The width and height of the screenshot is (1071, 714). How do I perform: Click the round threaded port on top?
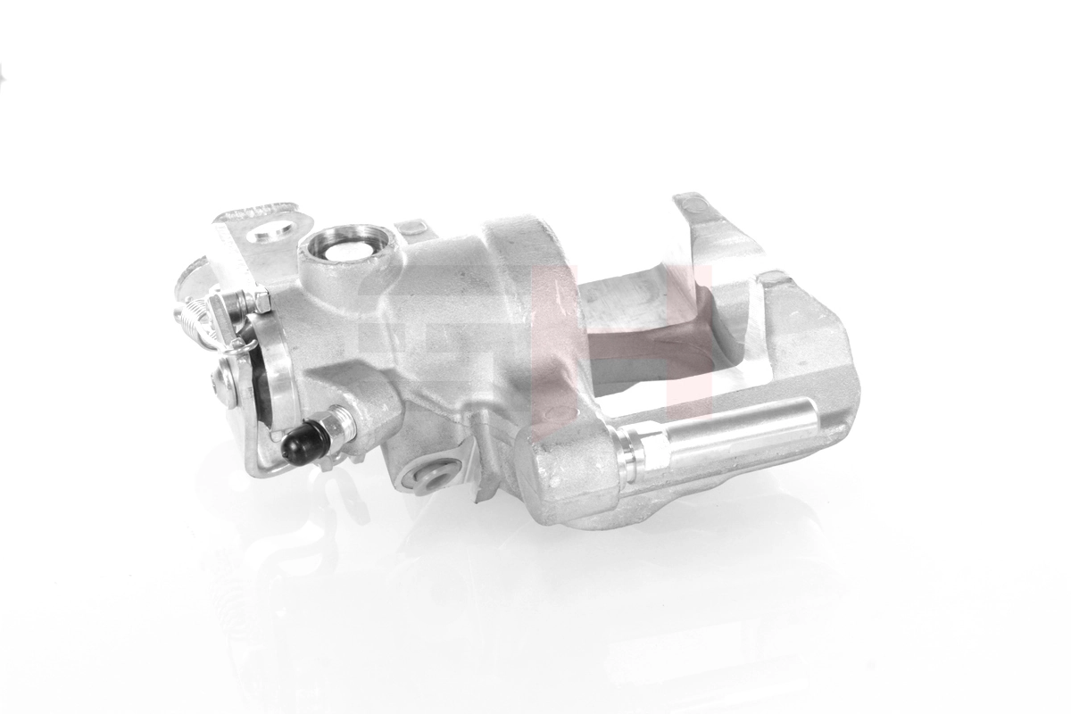tap(345, 245)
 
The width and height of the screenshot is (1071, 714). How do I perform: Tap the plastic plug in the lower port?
tap(436, 474)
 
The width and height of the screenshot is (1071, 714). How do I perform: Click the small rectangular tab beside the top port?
tap(412, 229)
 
